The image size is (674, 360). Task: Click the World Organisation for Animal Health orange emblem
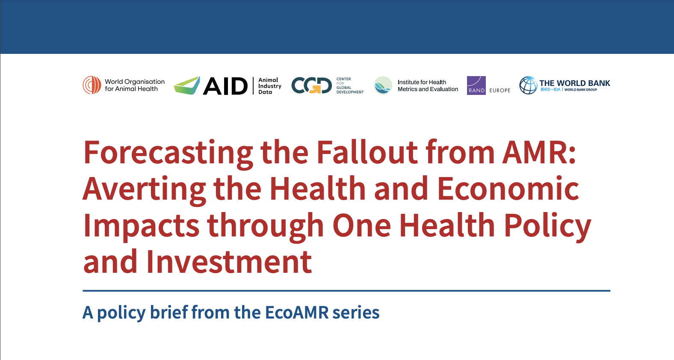coord(92,85)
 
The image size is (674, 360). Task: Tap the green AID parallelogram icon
coord(187,86)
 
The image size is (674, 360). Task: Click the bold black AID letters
coord(225,86)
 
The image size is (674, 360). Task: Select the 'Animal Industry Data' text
coord(269,86)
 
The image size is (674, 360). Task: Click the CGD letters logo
coord(311,86)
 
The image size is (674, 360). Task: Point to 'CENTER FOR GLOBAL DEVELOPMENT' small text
coord(350,86)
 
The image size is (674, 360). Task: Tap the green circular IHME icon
coord(383,86)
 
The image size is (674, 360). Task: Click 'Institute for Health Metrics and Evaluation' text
coord(428,86)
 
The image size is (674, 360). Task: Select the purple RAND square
coord(476,86)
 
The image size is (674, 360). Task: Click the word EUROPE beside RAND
coord(500,90)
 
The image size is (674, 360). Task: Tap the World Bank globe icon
coord(528,86)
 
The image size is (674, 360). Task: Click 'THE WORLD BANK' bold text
coord(575,83)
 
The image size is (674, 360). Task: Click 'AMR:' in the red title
coord(539,152)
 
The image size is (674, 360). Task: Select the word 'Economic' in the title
coord(508,189)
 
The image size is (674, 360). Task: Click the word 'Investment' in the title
coord(229,262)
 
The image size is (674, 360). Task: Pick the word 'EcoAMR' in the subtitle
coord(297,313)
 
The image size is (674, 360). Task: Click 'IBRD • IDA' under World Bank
coord(551,90)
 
